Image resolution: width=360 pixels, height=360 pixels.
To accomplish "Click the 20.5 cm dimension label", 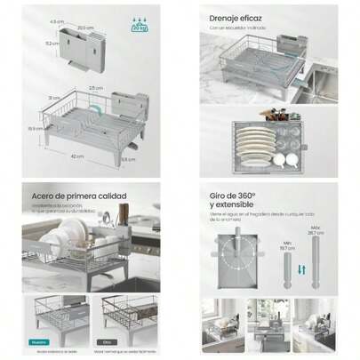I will click(x=87, y=26).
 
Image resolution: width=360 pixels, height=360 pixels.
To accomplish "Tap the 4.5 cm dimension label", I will click(x=54, y=20).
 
